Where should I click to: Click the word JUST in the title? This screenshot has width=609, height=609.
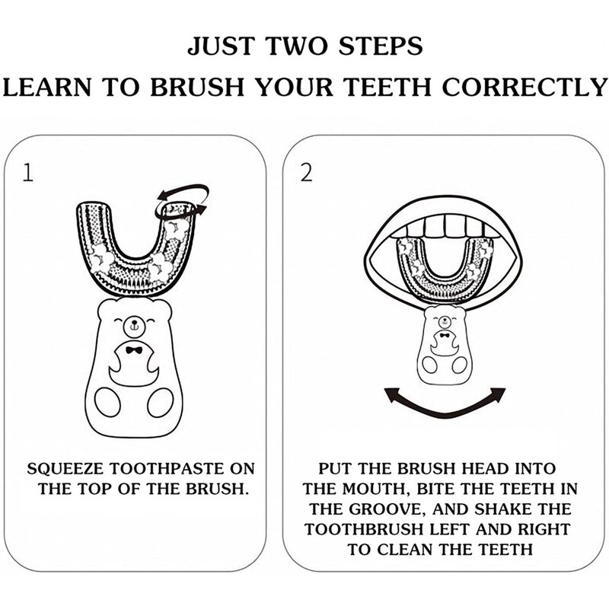click(220, 46)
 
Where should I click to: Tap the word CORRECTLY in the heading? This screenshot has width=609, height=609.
click(525, 87)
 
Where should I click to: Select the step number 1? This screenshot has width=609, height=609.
click(27, 173)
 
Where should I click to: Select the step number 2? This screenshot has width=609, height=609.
click(306, 173)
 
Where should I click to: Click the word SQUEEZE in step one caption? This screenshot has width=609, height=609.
click(65, 469)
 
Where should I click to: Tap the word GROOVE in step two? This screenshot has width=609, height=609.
click(386, 509)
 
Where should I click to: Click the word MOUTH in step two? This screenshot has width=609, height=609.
click(374, 489)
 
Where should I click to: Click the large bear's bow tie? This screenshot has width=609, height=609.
click(134, 350)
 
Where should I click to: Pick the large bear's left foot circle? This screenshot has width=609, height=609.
click(107, 402)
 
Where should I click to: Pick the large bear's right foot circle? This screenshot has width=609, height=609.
click(161, 402)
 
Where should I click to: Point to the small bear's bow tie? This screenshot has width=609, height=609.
click(445, 336)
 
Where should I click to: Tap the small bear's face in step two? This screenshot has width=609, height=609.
click(445, 321)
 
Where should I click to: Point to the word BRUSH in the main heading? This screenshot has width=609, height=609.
click(197, 87)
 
